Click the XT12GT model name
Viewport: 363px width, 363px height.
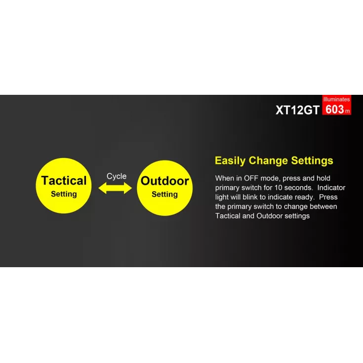pyautogui.click(x=297, y=110)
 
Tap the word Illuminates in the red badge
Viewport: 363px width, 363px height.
pyautogui.click(x=336, y=99)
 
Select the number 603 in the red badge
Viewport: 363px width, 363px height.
pyautogui.click(x=334, y=109)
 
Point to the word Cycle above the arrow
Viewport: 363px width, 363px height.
pyautogui.click(x=117, y=176)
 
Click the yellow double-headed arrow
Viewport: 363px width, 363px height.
pyautogui.click(x=115, y=188)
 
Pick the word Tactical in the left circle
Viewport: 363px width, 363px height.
pyautogui.click(x=64, y=181)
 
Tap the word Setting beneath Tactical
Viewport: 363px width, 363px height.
pyautogui.click(x=64, y=194)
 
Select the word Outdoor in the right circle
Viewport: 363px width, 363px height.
pyautogui.click(x=164, y=181)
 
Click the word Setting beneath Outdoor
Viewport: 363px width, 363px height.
pyautogui.click(x=164, y=194)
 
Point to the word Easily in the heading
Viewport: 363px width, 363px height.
pyautogui.click(x=230, y=161)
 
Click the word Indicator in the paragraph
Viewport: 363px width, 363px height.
pyautogui.click(x=331, y=188)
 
